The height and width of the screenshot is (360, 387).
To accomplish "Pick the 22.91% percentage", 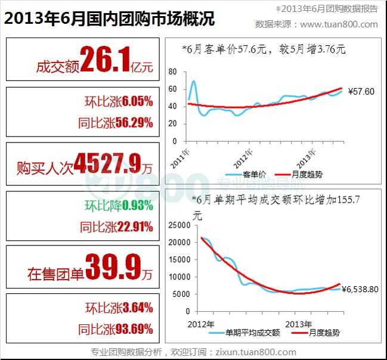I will click(x=135, y=226).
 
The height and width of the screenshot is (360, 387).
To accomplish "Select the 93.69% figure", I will click(x=135, y=328).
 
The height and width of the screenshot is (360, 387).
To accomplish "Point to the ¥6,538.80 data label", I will click(x=362, y=289).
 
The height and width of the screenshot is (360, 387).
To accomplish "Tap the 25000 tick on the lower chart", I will click(x=179, y=225).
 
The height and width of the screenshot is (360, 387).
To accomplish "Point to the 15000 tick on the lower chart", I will click(x=179, y=260).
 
